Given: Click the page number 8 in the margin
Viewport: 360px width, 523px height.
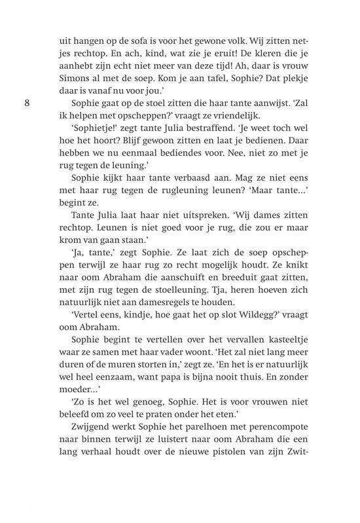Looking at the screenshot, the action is tap(26, 103).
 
